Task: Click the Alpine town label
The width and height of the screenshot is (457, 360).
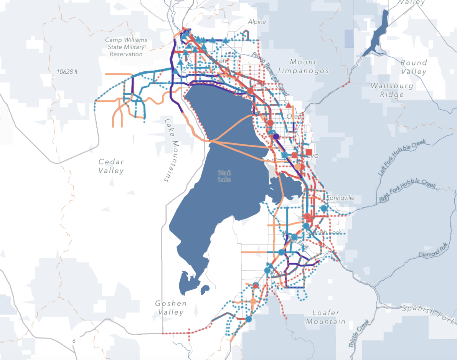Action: point(257,22)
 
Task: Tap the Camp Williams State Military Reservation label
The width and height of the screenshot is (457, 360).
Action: point(126,47)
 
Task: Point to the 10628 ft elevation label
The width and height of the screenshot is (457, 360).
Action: point(67,71)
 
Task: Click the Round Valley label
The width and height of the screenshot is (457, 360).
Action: point(413,67)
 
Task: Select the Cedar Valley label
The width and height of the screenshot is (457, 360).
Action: point(111,166)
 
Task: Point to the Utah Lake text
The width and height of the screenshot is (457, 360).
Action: point(224,176)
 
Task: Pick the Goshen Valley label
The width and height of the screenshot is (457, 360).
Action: point(171,308)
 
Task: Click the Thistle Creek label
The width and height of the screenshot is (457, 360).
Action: point(359,334)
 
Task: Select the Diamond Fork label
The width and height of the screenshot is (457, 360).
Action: point(433,250)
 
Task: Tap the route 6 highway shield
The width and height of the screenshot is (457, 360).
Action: point(74,341)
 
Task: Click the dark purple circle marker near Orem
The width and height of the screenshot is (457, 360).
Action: point(276,136)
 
